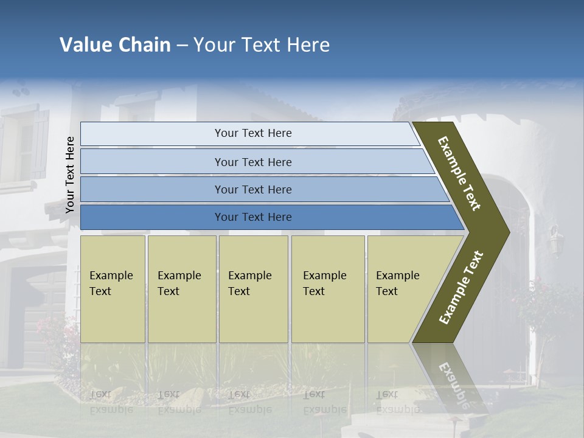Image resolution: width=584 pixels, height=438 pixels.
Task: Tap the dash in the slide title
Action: (x=182, y=46)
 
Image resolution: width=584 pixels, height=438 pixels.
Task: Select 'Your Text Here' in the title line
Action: (x=262, y=45)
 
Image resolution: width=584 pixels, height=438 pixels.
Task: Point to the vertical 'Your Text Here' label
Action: (x=70, y=175)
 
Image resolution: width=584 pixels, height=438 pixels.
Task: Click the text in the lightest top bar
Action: (x=253, y=133)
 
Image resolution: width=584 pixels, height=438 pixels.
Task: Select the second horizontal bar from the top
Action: (x=253, y=162)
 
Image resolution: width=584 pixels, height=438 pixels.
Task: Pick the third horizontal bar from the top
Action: (x=253, y=189)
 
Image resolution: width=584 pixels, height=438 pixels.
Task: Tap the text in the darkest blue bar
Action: (x=253, y=217)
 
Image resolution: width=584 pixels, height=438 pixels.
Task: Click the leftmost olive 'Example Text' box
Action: (x=113, y=288)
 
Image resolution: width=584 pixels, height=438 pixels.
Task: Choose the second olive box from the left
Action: (x=181, y=288)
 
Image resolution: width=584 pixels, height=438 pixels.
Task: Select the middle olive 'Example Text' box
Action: (x=253, y=288)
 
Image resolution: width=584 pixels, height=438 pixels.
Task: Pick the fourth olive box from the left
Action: (x=327, y=288)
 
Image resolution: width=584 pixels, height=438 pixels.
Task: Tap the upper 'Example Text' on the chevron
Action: (x=459, y=173)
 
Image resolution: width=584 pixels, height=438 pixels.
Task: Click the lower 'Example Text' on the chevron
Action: (x=461, y=288)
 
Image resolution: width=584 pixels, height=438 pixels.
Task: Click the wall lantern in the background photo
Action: (x=555, y=241)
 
